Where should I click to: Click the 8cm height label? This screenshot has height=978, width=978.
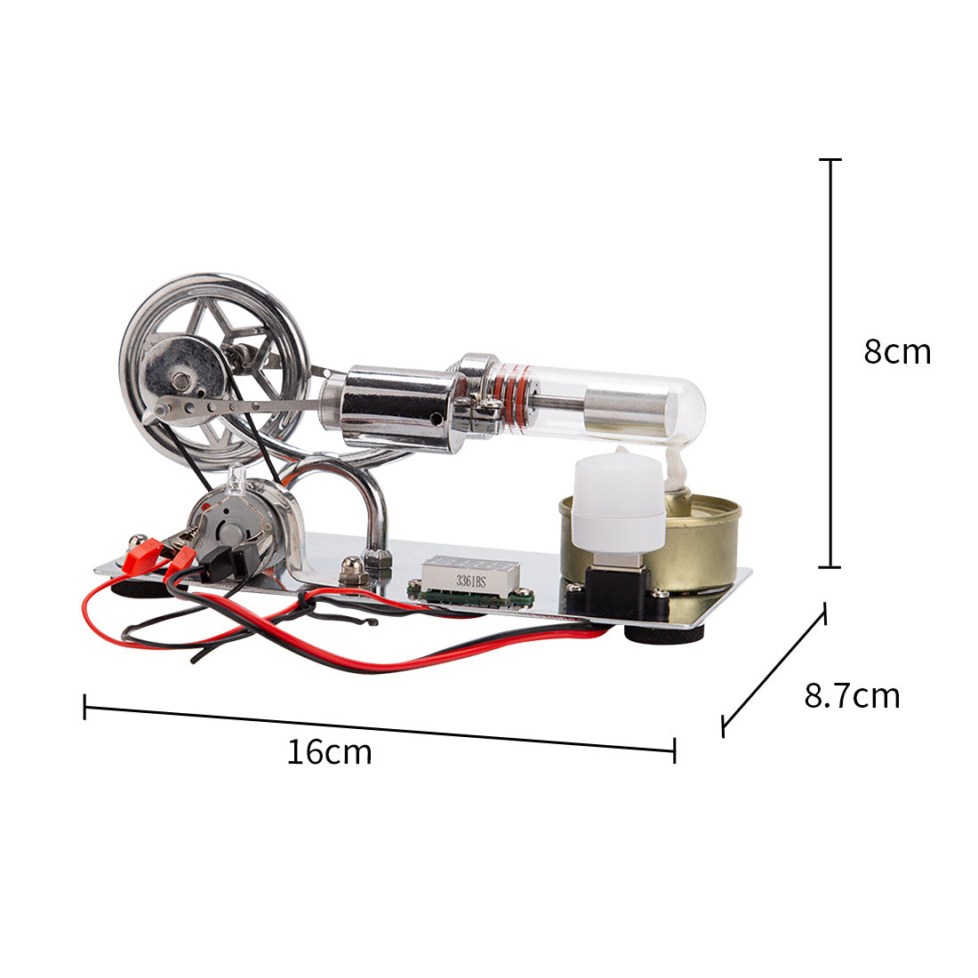896,352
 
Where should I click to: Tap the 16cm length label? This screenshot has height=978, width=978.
329,752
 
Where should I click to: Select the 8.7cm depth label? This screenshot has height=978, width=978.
852,695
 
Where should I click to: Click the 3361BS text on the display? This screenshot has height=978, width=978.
469,581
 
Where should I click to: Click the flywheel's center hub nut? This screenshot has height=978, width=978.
183,381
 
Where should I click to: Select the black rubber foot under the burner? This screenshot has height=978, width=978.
663,633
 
